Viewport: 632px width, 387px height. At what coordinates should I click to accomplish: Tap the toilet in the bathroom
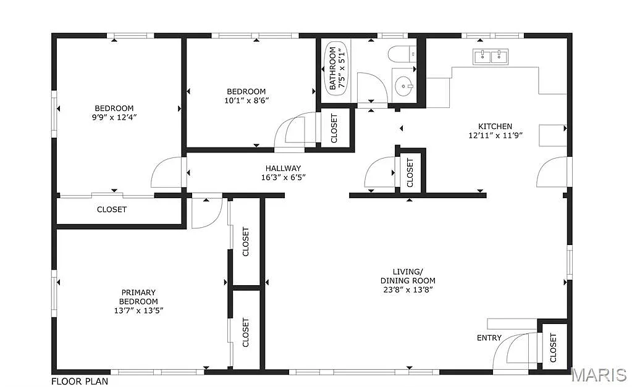401,54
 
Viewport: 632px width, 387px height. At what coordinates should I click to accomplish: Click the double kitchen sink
491,57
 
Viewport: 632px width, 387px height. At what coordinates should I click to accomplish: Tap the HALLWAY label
283,168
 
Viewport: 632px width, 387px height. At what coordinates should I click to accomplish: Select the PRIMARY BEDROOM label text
138,297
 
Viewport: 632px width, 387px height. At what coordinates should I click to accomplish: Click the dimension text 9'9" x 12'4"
114,117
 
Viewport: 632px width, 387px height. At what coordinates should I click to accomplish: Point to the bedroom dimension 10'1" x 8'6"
246,100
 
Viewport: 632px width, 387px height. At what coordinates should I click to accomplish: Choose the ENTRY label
489,338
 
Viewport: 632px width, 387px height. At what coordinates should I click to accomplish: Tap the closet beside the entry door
553,347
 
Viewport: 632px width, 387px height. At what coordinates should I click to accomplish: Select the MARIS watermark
600,375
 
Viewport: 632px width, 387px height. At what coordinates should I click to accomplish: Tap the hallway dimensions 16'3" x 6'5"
283,177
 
